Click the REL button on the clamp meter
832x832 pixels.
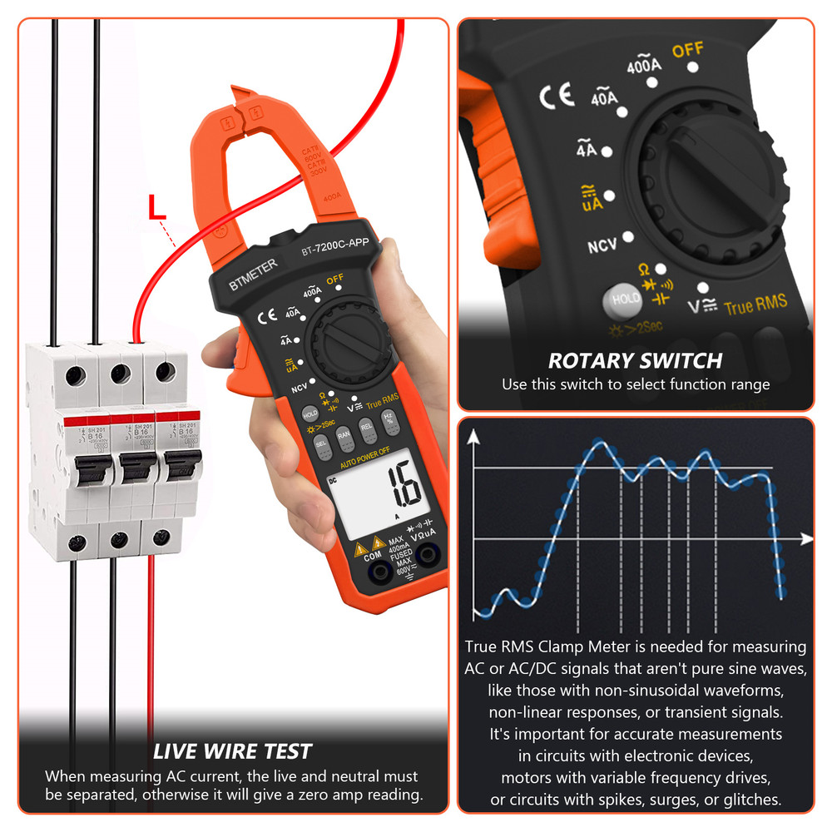click(366, 426)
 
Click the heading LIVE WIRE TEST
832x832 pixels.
click(232, 751)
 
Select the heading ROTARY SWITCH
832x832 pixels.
click(635, 361)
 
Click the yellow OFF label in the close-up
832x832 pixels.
click(687, 51)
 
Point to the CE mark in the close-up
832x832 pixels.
click(557, 97)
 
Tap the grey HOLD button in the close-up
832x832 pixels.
click(625, 299)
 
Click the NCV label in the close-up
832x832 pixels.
click(602, 247)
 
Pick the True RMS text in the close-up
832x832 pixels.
click(755, 305)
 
